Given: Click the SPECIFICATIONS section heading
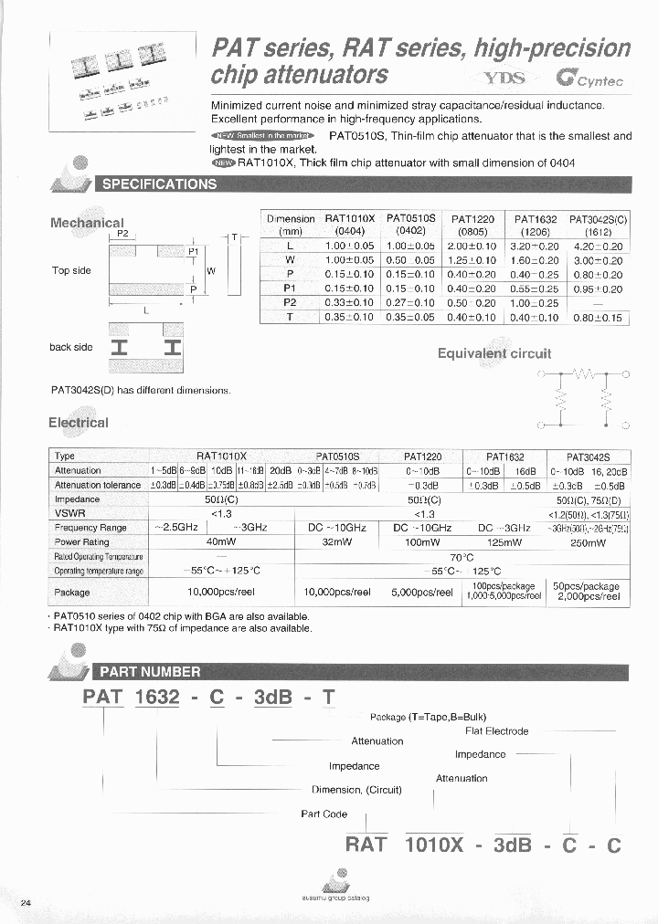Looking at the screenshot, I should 160,184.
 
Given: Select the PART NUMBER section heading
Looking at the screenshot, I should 150,671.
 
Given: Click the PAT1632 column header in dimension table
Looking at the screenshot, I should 536,225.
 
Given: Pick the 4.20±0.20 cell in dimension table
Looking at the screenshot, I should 599,247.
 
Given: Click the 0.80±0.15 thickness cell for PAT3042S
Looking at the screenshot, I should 599,317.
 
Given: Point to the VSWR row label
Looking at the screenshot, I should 66,514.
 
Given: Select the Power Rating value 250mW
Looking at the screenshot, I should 588,542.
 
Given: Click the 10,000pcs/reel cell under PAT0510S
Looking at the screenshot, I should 337,592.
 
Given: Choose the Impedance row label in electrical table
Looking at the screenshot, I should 78,499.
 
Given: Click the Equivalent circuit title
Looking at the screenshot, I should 493,353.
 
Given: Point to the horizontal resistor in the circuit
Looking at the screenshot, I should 583,373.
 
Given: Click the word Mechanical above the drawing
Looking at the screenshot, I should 87,222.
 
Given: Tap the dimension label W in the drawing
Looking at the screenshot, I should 211,271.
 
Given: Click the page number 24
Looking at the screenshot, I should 26,902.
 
